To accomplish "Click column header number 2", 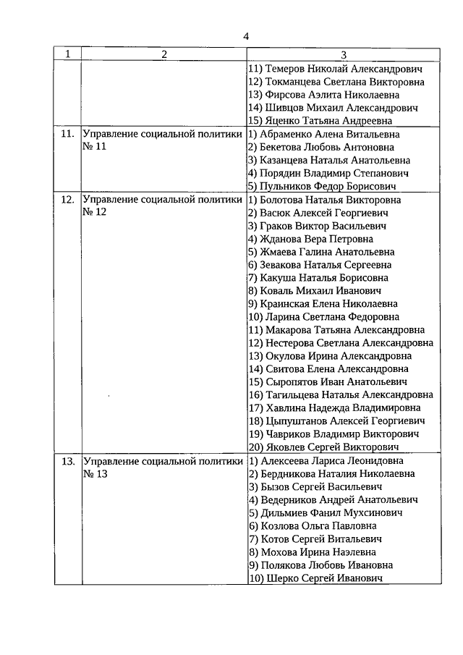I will tap(163, 54).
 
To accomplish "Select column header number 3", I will tap(344, 54).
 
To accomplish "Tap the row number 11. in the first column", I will tap(67, 135).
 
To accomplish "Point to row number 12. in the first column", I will tap(67, 200).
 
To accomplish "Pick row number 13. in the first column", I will tap(67, 461).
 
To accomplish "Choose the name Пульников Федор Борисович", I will tap(323, 187).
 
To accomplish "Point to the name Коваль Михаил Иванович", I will tap(315, 291).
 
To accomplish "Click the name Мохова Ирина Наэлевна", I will tap(313, 552).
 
